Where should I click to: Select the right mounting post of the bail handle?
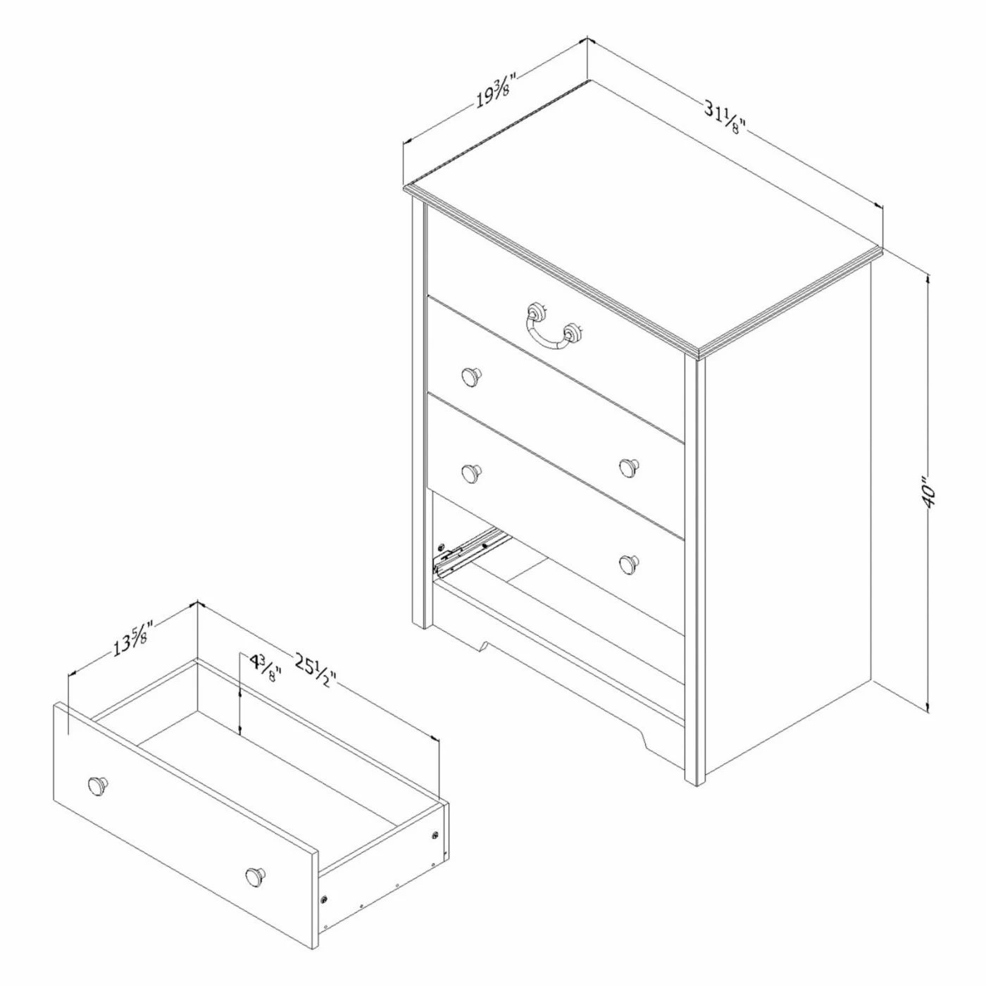pos(573,333)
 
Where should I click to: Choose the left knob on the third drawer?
pos(470,473)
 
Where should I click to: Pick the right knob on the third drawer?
pos(628,467)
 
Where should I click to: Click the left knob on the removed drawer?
pos(97,799)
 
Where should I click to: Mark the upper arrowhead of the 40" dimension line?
pos(927,280)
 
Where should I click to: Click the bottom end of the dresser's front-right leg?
pos(695,797)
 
